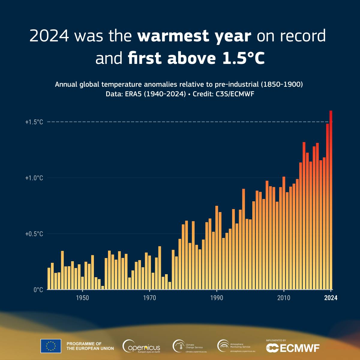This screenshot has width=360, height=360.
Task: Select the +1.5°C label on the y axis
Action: click(x=34, y=122)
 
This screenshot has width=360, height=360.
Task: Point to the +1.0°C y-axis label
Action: click(x=34, y=178)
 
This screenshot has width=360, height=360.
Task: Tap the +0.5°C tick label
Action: click(x=34, y=234)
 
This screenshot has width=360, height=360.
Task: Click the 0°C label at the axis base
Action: click(x=38, y=290)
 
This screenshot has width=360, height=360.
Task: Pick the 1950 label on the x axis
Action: click(x=82, y=298)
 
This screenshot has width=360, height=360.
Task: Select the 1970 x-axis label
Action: click(x=149, y=298)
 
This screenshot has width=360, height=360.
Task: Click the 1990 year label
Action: click(x=217, y=298)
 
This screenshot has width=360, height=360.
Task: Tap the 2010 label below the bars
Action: click(x=284, y=298)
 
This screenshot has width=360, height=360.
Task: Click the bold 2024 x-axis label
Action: click(x=331, y=298)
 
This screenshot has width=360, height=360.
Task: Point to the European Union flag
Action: click(x=51, y=346)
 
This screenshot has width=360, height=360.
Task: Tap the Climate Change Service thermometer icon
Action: click(x=178, y=346)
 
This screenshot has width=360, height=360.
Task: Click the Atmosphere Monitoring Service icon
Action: click(x=223, y=346)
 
